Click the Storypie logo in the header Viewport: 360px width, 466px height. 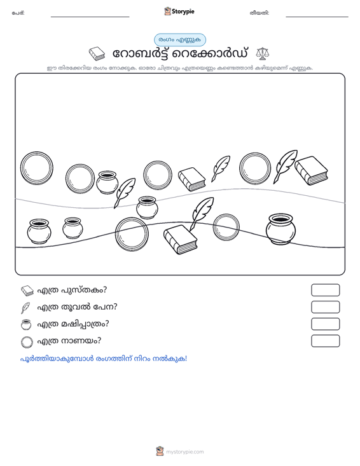[179, 11]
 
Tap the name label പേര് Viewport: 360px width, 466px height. [18, 13]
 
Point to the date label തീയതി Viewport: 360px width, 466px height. [260, 13]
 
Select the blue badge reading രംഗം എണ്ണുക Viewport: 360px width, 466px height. [180, 40]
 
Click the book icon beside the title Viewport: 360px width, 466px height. [97, 54]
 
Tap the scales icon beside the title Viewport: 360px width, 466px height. [263, 53]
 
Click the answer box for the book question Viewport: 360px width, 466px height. [325, 290]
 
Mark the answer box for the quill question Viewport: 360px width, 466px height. [325, 307]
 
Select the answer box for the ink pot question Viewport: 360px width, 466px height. [325, 324]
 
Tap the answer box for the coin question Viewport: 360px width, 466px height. [325, 341]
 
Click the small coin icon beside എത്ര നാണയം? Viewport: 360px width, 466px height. [27, 342]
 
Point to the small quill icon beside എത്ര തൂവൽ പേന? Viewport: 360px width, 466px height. [25, 308]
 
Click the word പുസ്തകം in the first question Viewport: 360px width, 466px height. [84, 290]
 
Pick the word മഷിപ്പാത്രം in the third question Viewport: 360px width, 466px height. [85, 324]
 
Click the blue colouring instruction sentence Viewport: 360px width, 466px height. [104, 359]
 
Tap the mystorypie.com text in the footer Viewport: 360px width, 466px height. [185, 452]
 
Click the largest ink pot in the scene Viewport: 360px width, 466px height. [280, 229]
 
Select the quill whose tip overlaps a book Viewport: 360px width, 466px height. [202, 214]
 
